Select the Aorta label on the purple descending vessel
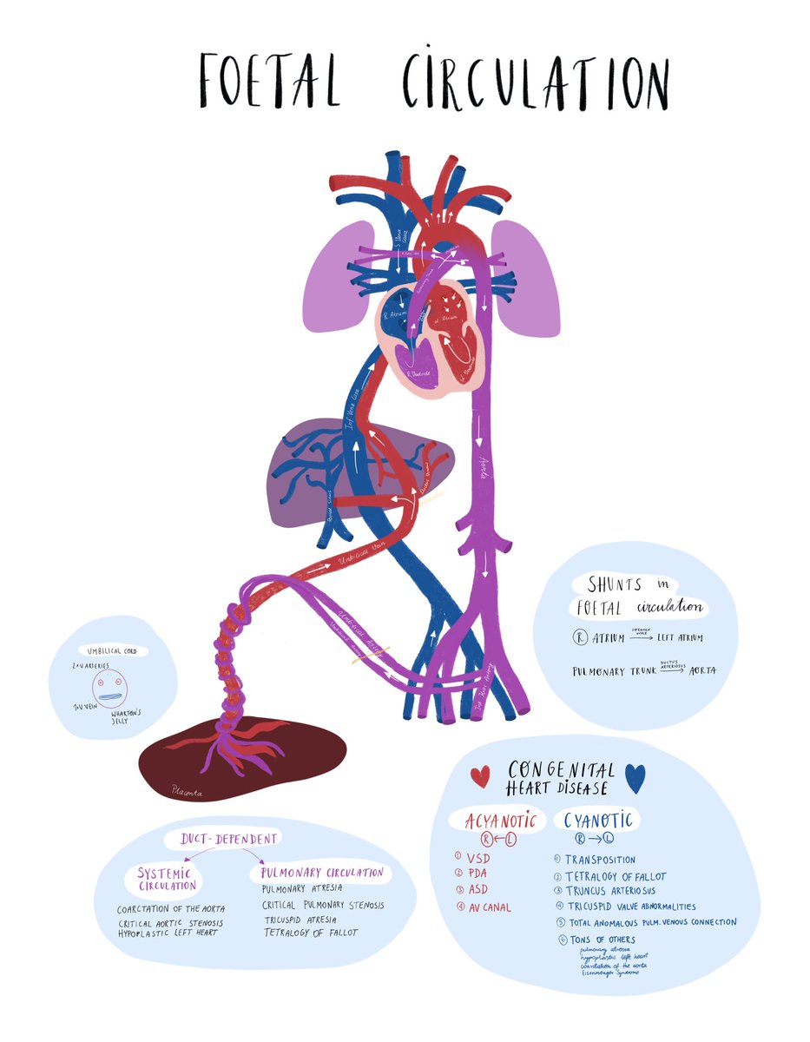(x=478, y=469)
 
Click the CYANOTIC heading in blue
(x=598, y=820)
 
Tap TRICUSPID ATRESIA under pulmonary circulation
(x=300, y=919)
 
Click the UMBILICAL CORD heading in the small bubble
(x=112, y=650)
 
